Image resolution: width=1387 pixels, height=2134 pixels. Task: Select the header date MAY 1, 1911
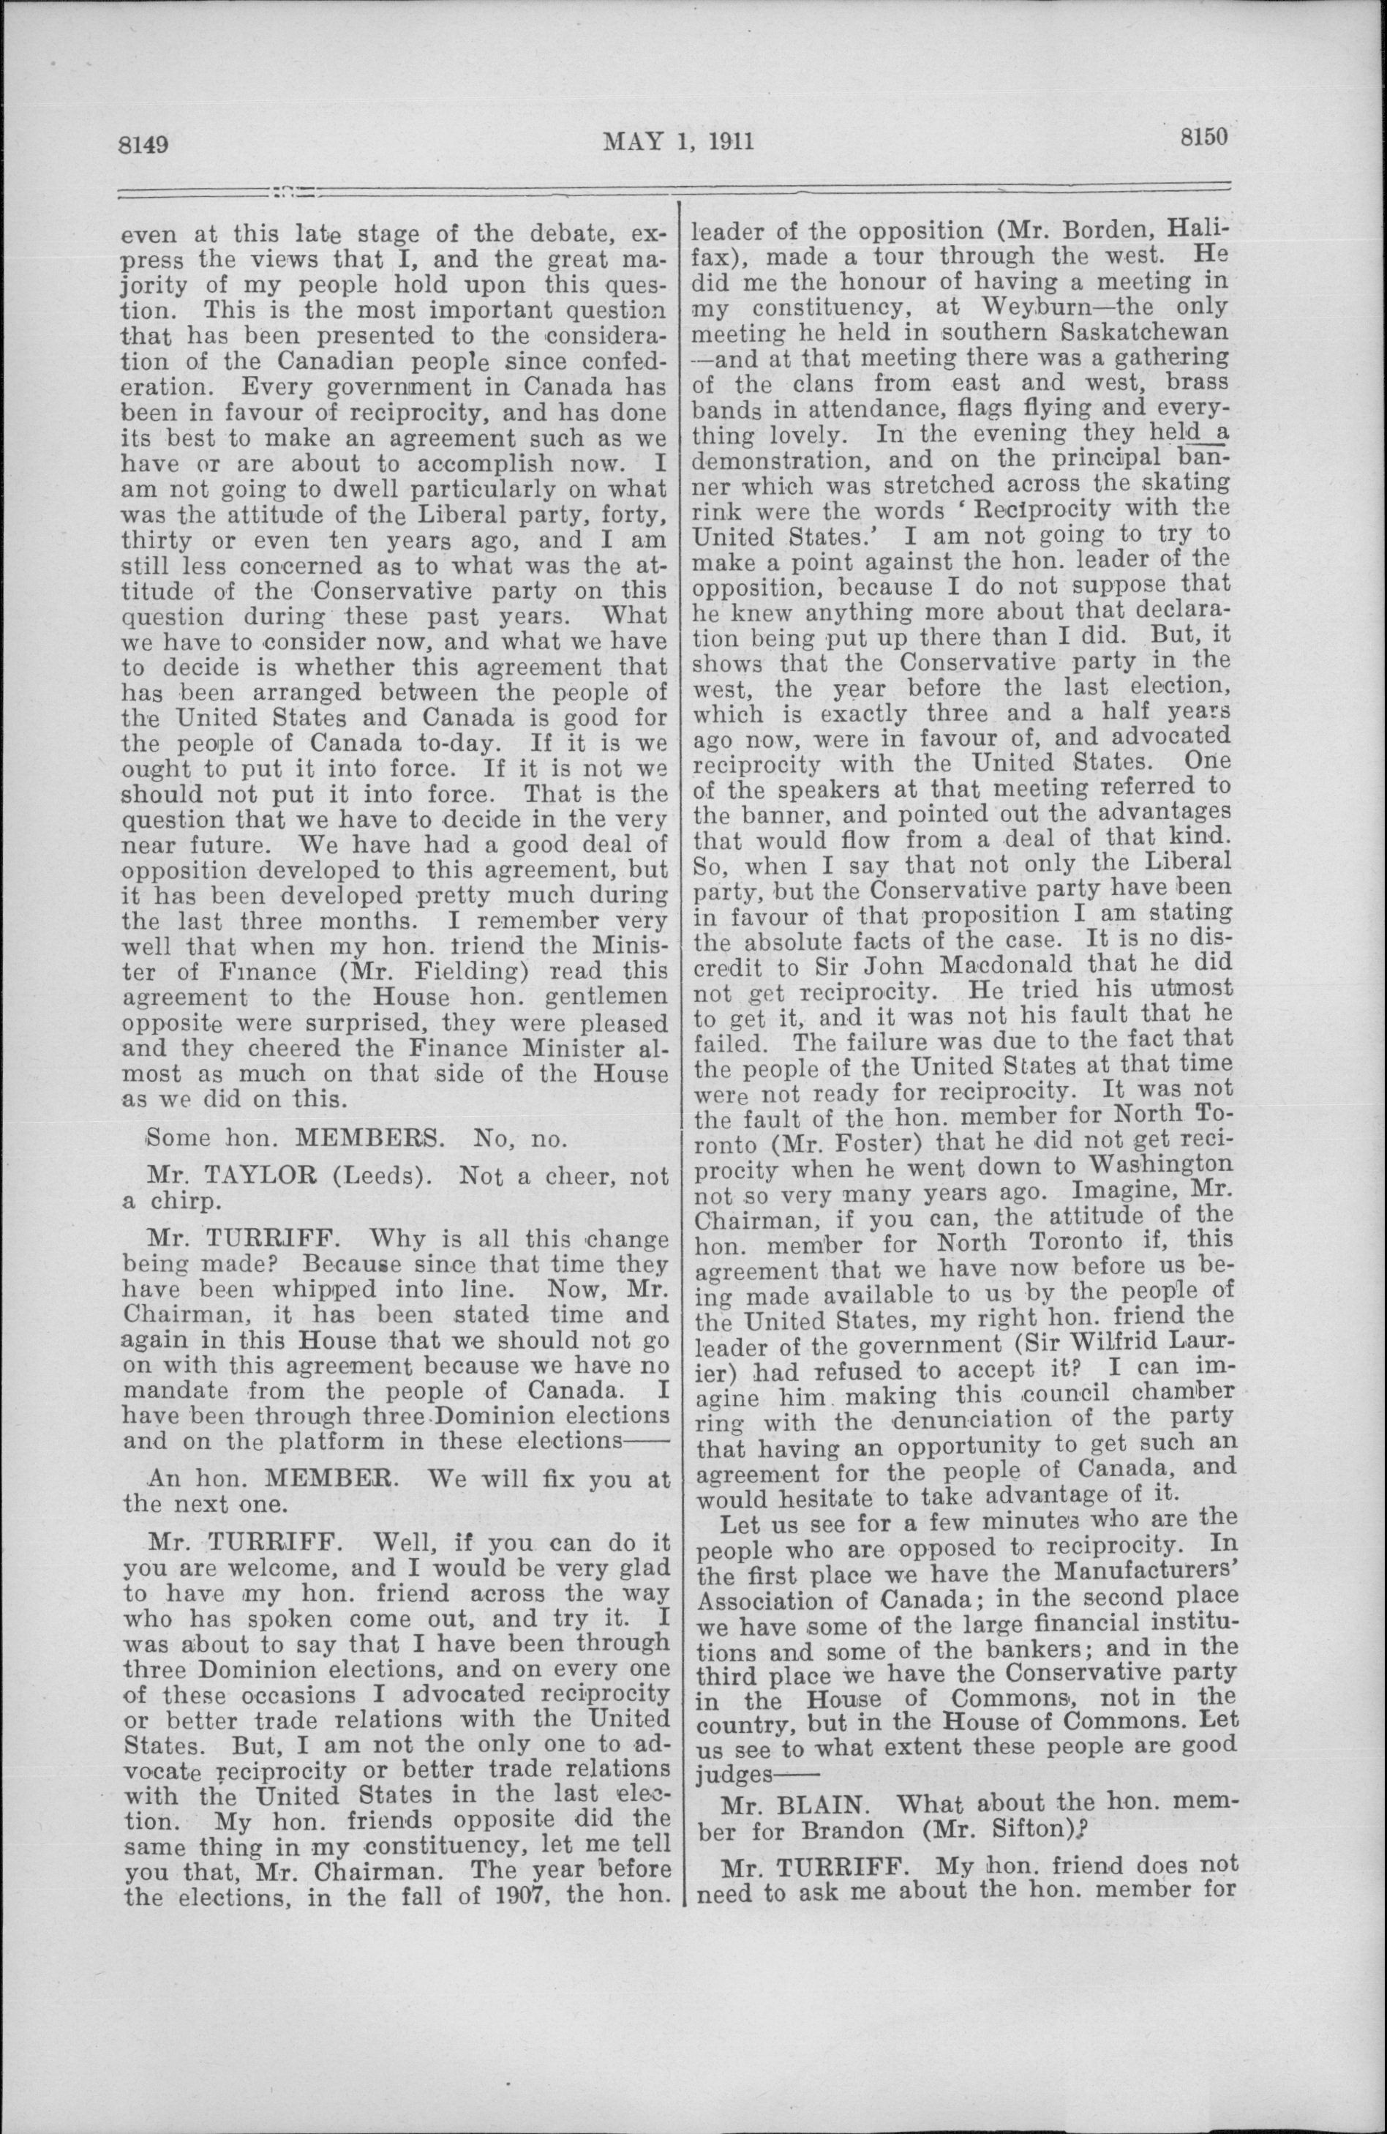(679, 141)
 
